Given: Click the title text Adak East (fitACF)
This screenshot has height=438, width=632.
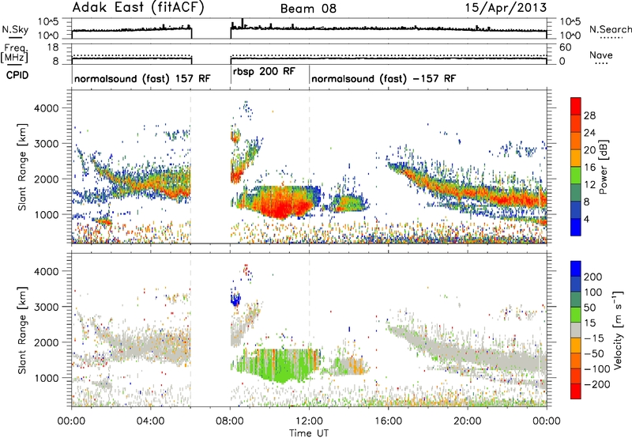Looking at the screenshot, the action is pos(138,8).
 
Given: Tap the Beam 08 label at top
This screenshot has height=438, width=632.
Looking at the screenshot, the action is pos(308,9).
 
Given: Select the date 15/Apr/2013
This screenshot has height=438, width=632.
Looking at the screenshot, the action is pos(506,8).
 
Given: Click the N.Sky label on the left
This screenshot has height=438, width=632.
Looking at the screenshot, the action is pos(15,29).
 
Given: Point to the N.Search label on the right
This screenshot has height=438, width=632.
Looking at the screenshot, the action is pos(611,29).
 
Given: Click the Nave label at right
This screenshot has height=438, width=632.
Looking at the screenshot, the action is pos(601,55).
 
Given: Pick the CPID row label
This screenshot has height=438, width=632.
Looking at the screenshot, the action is pos(17,75).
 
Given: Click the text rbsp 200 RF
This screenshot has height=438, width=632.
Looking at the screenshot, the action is pos(264,72).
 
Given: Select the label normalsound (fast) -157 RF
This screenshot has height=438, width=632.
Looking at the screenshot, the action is pos(384,78).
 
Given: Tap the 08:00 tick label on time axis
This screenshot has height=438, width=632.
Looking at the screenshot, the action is pos(230,421).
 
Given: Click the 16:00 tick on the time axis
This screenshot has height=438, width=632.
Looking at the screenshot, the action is pos(388,421).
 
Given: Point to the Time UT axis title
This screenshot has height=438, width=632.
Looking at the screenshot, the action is pos(309,433).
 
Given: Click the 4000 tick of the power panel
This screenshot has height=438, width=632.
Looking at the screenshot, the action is pos(46,108).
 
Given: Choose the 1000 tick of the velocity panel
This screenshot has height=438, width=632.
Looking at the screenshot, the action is pos(46,378).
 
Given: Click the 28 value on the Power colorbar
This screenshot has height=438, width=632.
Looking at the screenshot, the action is pos(589,115).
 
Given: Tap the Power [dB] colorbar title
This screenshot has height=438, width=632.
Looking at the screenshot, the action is pos(604,167).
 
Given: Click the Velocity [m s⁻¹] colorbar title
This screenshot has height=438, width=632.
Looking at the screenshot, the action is pos(618,330).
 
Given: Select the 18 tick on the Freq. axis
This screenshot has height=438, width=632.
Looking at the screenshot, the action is pos(53,47).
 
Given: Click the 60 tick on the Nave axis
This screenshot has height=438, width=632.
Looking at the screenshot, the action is pos(565,47).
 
